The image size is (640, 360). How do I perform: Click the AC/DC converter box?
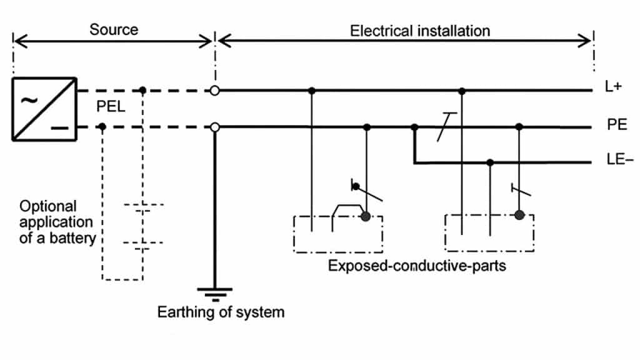(44, 109)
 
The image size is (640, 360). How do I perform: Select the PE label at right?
(616, 126)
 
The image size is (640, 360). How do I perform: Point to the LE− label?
(616, 162)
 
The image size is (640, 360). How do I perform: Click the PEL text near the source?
(111, 108)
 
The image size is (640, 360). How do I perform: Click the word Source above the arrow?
(113, 30)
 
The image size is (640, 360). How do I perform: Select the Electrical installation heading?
(419, 31)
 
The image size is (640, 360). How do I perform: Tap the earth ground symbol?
(215, 293)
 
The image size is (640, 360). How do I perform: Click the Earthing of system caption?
(221, 312)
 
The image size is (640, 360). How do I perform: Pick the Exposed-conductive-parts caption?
(417, 266)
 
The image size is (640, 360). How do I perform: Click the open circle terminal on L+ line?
(215, 91)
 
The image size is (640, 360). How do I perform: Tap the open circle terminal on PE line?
(215, 127)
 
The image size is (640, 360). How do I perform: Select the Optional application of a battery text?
(57, 221)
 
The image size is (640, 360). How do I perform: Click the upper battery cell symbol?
(144, 207)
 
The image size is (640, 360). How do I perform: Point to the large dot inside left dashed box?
(366, 217)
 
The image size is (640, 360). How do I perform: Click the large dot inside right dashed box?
(519, 216)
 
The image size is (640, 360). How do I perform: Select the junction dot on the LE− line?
(491, 162)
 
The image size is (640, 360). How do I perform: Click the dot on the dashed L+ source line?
(143, 91)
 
